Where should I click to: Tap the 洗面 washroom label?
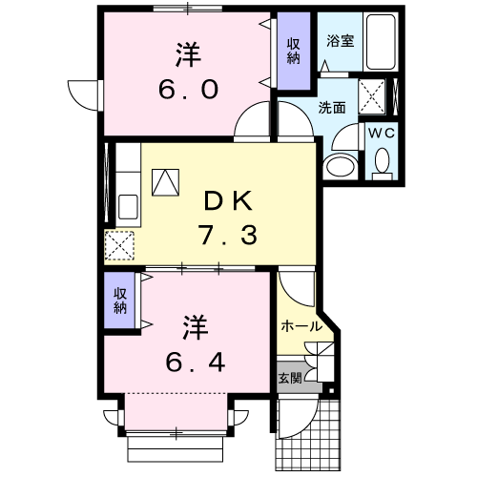[x=332, y=108]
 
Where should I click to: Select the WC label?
[x=382, y=133]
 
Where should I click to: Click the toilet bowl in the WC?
[x=383, y=167]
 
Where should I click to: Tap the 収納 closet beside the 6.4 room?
[x=121, y=301]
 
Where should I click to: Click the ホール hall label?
[x=301, y=326]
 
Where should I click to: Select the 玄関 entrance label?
[x=290, y=378]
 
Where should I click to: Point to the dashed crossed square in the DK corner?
[x=120, y=246]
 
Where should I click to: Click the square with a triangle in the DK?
[x=165, y=181]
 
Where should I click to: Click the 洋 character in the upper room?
[x=186, y=52]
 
